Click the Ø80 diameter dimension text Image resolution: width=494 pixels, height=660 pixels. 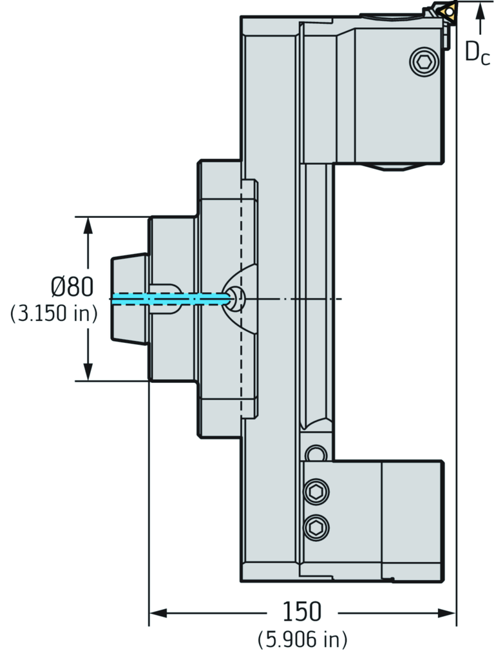pyautogui.click(x=71, y=286)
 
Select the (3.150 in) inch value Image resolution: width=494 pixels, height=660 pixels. pyautogui.click(x=53, y=314)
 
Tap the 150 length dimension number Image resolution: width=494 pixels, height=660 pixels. pyautogui.click(x=301, y=612)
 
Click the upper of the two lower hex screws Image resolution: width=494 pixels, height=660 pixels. pyautogui.click(x=316, y=492)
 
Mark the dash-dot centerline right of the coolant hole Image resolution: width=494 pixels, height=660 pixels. pyautogui.click(x=296, y=299)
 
